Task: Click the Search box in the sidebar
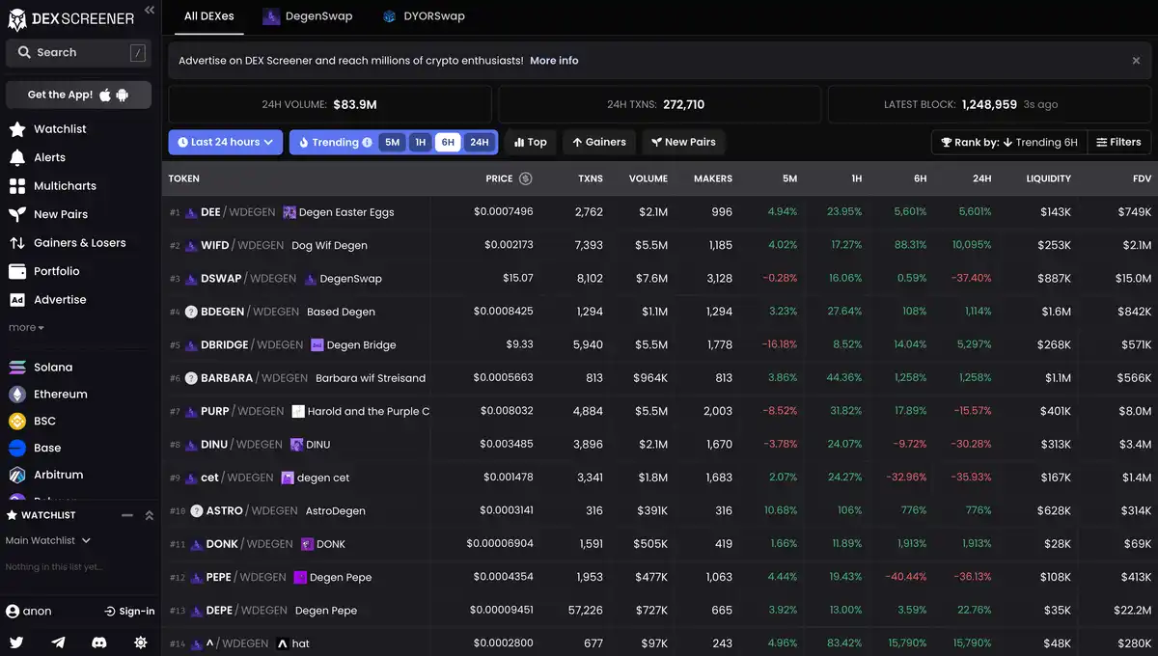(x=77, y=53)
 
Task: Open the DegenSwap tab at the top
(x=308, y=16)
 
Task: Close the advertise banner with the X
(x=1136, y=61)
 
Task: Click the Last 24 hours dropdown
(x=225, y=143)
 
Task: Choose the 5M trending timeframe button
(x=392, y=143)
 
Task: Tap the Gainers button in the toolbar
(x=598, y=143)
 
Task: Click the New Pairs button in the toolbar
(x=683, y=143)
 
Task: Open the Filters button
(x=1118, y=143)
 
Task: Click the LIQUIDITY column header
(x=1048, y=178)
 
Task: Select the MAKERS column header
(x=712, y=178)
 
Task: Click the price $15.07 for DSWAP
(x=518, y=279)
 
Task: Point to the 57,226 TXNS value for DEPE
(x=585, y=611)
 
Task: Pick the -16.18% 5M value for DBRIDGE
(x=779, y=345)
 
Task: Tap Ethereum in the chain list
(x=60, y=395)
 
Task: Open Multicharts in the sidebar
(x=65, y=186)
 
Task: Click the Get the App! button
(x=78, y=95)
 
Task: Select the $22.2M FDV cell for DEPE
(x=1133, y=611)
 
